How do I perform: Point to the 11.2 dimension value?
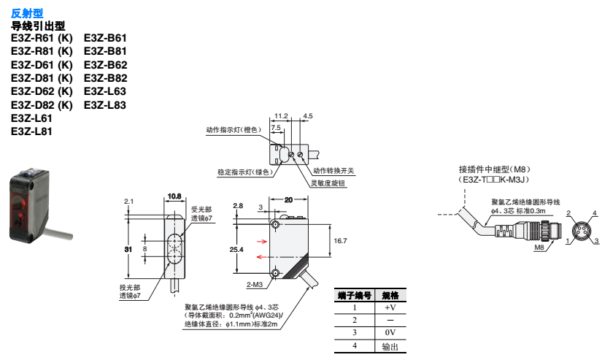pyautogui.click(x=282, y=115)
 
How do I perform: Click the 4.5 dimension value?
pyautogui.click(x=307, y=115)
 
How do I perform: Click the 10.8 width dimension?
pyautogui.click(x=174, y=196)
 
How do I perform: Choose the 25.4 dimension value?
pyautogui.click(x=236, y=250)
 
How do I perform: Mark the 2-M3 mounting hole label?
pyautogui.click(x=255, y=284)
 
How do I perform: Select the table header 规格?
pyautogui.click(x=390, y=296)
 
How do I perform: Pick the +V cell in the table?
pyautogui.click(x=390, y=307)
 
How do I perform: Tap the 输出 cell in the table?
pyautogui.click(x=390, y=345)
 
